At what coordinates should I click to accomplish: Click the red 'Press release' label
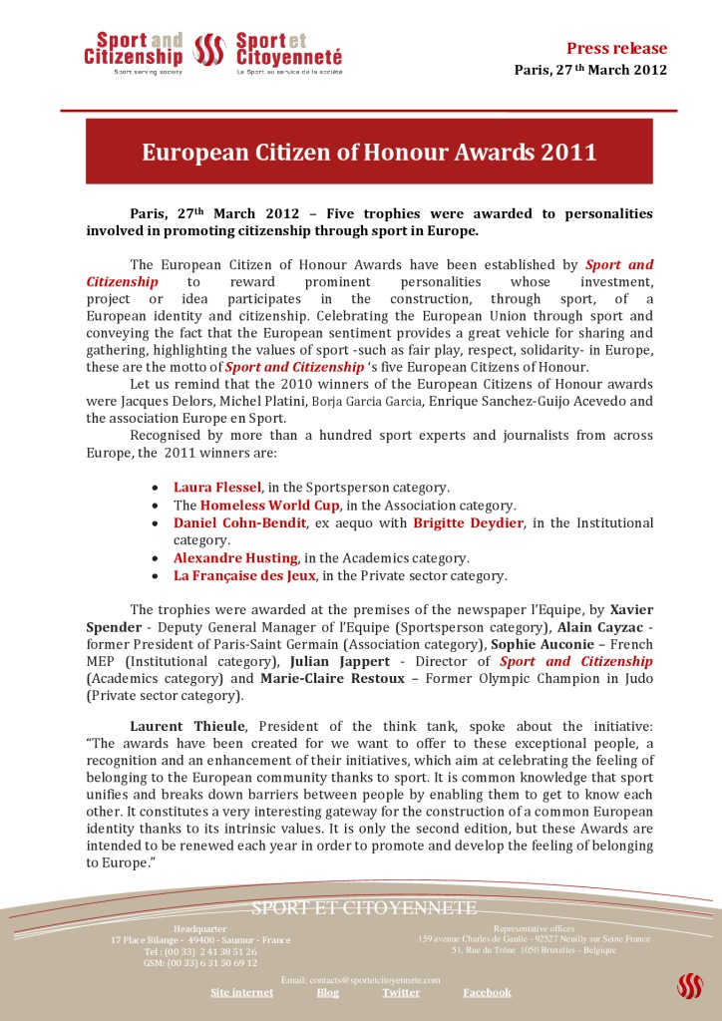616,48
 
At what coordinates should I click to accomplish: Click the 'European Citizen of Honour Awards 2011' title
369,153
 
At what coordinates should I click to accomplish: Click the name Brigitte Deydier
468,523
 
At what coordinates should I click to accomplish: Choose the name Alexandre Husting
235,558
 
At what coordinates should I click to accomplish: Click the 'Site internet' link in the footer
241,992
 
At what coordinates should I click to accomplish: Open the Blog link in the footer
327,992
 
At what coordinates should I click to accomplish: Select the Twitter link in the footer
400,992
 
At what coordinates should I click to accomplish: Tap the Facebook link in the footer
487,992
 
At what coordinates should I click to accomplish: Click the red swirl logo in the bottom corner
690,986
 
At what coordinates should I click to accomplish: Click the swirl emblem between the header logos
208,49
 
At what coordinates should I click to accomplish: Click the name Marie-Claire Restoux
320,679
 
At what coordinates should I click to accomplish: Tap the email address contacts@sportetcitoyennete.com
360,980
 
